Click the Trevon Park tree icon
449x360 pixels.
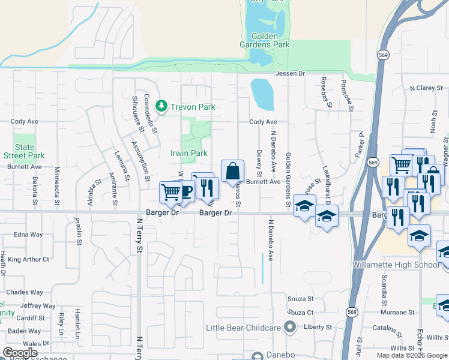pyautogui.click(x=161, y=107)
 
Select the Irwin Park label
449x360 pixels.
pyautogui.click(x=189, y=153)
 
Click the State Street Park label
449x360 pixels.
pyautogui.click(x=25, y=151)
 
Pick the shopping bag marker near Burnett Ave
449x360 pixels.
pyautogui.click(x=232, y=171)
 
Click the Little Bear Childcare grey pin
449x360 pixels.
pyautogui.click(x=291, y=327)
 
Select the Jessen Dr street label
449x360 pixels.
pyautogui.click(x=291, y=73)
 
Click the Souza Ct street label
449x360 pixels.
pyautogui.click(x=301, y=313)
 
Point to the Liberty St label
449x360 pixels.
pyautogui.click(x=320, y=327)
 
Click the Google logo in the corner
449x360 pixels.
pyautogui.click(x=20, y=353)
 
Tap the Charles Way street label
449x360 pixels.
pyautogui.click(x=25, y=293)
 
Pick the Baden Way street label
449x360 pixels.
pyautogui.click(x=24, y=331)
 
